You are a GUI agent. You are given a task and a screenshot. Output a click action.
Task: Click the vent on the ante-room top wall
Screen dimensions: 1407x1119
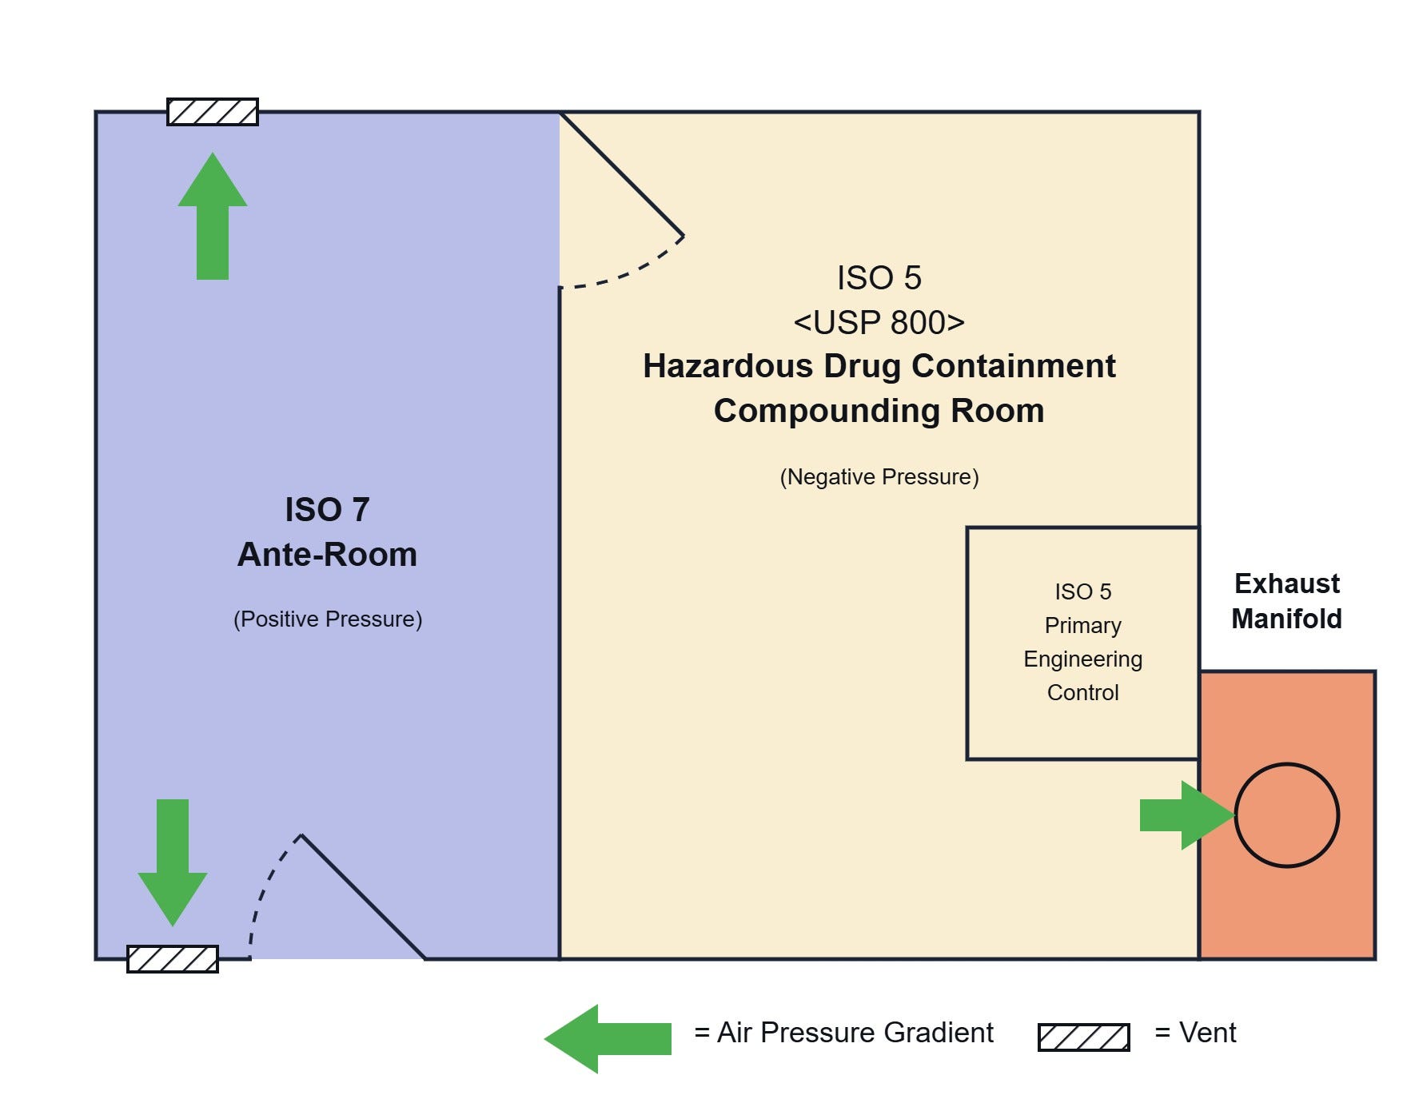click(x=213, y=112)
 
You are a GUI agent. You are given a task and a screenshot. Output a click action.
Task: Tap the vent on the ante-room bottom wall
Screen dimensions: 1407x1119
click(x=173, y=959)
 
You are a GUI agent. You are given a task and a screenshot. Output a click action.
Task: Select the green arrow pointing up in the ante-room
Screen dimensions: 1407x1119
click(x=213, y=216)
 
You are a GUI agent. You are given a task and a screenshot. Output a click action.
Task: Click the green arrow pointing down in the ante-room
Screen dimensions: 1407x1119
click(x=173, y=863)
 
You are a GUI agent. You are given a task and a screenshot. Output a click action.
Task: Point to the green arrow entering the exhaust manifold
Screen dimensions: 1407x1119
click(x=1188, y=815)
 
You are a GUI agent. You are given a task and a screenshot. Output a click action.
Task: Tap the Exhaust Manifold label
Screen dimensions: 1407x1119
click(x=1287, y=601)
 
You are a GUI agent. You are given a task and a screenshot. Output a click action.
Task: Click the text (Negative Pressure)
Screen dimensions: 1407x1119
click(x=879, y=477)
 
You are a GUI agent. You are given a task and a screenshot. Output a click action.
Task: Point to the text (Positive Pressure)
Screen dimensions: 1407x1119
click(x=328, y=619)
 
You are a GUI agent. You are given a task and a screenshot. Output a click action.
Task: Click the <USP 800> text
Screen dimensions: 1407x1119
click(x=879, y=323)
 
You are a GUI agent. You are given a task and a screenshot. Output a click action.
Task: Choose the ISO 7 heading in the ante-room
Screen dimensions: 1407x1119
click(x=328, y=510)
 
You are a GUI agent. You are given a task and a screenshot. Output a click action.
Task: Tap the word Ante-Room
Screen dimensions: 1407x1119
click(x=328, y=555)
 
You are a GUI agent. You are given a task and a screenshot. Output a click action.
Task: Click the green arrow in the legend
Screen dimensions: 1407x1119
click(x=608, y=1039)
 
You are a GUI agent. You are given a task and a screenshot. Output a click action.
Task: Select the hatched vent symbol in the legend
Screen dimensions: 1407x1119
click(x=1084, y=1037)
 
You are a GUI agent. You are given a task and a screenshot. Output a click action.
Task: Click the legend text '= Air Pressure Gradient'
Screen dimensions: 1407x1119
click(x=844, y=1033)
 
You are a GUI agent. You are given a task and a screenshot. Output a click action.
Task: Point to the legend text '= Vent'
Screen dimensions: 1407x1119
click(x=1196, y=1033)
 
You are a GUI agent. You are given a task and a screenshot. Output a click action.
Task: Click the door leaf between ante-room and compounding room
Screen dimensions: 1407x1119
click(x=622, y=174)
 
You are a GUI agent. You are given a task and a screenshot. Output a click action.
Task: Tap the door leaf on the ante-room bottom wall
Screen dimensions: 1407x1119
click(x=363, y=897)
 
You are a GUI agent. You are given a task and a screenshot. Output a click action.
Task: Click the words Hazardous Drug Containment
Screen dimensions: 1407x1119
click(x=879, y=366)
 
